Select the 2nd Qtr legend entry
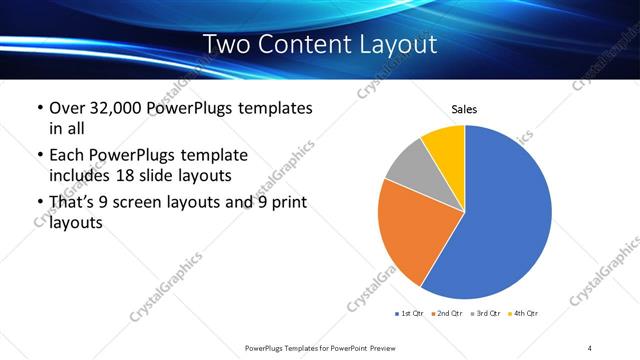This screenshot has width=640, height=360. [448, 314]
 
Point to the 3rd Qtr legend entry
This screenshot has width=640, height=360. [487, 314]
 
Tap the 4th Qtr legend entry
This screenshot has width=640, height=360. [525, 314]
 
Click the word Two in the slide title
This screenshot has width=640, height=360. [227, 44]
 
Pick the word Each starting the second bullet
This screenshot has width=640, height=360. [66, 155]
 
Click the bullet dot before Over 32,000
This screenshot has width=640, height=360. [38, 108]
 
